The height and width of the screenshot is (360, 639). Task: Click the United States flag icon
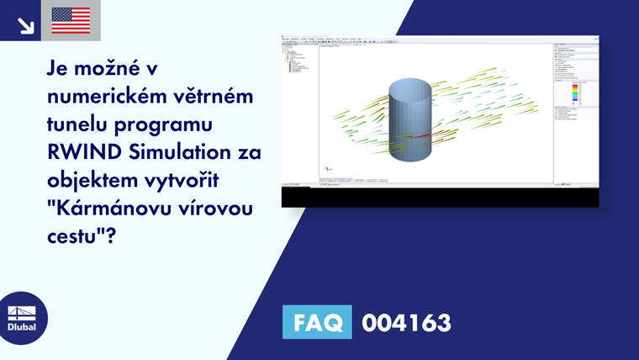71,20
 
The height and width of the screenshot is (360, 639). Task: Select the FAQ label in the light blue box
317,322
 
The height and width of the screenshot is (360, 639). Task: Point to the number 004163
406,322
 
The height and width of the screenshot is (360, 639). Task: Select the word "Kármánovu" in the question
105,209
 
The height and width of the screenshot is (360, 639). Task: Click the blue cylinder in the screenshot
409,126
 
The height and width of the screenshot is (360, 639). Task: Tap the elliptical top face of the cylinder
409,87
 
